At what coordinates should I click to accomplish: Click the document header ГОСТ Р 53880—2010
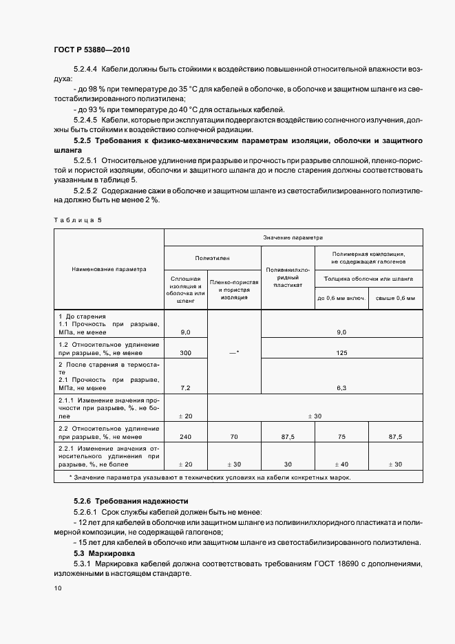(92, 51)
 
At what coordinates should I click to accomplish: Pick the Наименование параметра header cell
(109, 270)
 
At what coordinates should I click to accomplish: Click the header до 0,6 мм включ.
(340, 298)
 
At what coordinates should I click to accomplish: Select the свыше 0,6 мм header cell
(396, 298)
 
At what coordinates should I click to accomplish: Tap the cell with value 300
(185, 353)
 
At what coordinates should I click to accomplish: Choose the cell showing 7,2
(185, 388)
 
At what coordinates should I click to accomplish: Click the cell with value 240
(185, 436)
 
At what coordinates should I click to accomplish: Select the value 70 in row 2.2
(234, 436)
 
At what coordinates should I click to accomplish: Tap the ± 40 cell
(341, 464)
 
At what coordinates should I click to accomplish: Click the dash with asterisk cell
(234, 352)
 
